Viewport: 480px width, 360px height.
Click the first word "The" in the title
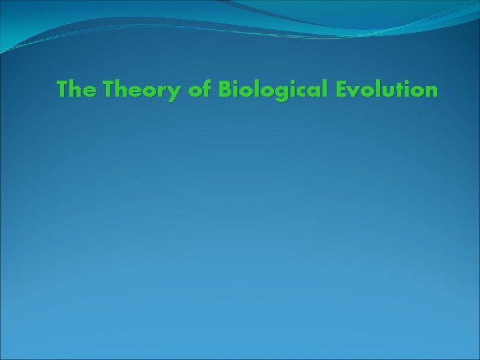76,89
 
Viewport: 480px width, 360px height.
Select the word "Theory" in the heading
141,89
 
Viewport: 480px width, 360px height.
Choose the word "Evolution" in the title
387,89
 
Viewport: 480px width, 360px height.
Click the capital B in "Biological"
225,89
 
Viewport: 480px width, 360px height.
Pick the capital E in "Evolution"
342,89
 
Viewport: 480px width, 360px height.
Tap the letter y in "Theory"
175,92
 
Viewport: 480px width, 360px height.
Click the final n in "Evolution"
431,91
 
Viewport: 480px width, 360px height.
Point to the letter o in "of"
195,91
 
